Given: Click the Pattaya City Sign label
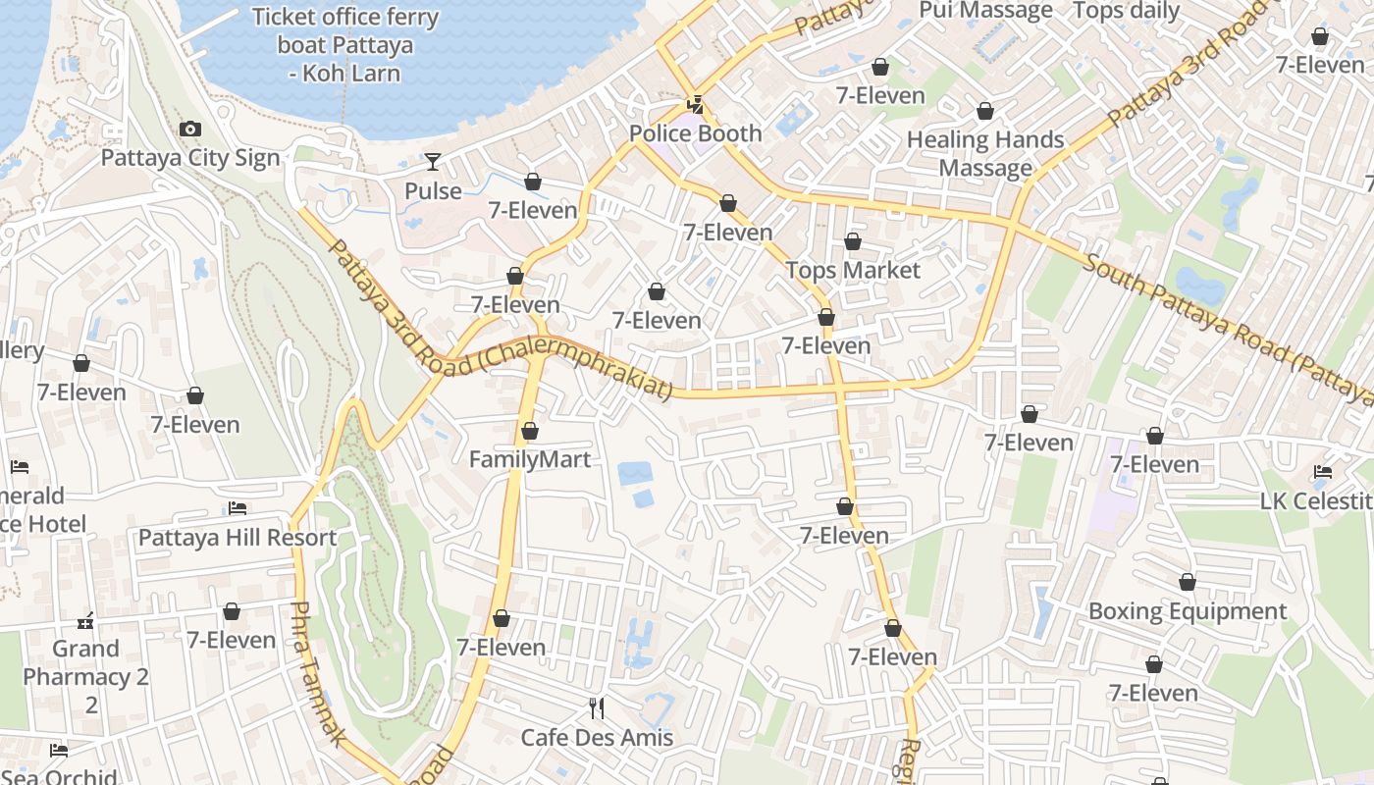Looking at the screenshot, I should click(x=190, y=158).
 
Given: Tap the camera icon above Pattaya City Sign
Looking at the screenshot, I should click(x=190, y=129).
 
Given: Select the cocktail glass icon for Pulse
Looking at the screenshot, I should click(x=433, y=162).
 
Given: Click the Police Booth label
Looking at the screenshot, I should click(x=695, y=133).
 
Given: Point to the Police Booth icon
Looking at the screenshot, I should click(x=695, y=104).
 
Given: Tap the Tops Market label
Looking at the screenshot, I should click(x=853, y=270).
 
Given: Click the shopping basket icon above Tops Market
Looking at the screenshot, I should click(x=853, y=241).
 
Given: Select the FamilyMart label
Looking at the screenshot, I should click(x=530, y=459).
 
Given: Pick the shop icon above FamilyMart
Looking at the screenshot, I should click(x=530, y=431).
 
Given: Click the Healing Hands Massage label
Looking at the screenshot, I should click(x=985, y=154).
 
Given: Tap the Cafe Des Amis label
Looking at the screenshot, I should click(x=597, y=738).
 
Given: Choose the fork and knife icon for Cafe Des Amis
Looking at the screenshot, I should click(x=597, y=707).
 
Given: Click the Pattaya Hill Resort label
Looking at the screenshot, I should click(x=238, y=538).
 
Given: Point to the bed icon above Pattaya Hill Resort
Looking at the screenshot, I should click(x=238, y=508).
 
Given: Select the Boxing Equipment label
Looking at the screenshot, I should click(x=1188, y=611).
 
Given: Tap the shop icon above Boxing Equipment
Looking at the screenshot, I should click(x=1188, y=583).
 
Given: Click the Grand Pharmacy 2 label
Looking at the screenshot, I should click(x=86, y=662).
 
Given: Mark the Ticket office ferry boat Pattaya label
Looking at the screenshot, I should click(x=344, y=45).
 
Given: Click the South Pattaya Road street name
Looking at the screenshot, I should click(x=1227, y=329).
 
